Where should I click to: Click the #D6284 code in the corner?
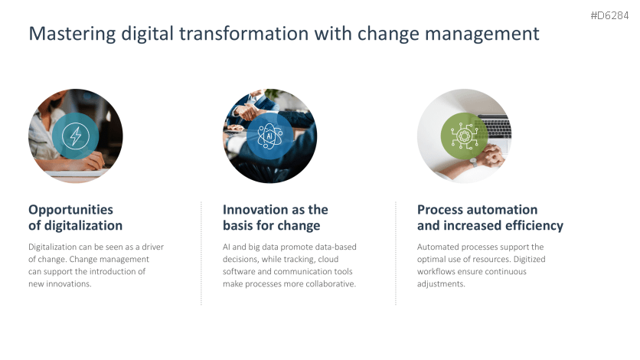pos(609,15)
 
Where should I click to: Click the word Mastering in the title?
pos(72,34)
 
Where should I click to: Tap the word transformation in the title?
pos(243,33)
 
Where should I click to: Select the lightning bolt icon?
pos(76,136)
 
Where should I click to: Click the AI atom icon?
pos(269,136)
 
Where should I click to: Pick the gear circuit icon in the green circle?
pos(464,136)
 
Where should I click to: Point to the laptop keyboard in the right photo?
pos(495,127)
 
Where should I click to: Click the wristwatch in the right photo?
pos(473,162)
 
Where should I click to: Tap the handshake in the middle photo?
pos(247,111)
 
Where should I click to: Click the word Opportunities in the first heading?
pos(70,210)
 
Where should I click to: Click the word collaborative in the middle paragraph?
pos(331,283)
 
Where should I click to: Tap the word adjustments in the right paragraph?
pos(441,283)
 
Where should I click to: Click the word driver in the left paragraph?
pos(152,247)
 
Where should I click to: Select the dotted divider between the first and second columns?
pos(201,253)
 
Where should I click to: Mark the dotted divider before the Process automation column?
pos(396,253)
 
